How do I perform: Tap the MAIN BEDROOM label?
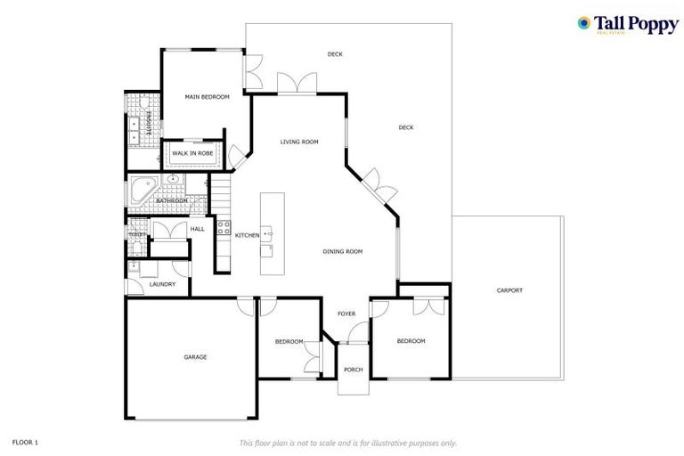click(x=207, y=96)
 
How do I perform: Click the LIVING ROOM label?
click(x=299, y=142)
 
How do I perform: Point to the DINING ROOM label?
click(x=342, y=252)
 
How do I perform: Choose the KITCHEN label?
click(x=247, y=235)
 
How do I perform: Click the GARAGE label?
click(x=195, y=357)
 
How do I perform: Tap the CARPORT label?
click(x=509, y=290)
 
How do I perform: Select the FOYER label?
click(x=346, y=313)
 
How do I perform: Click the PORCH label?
click(x=354, y=369)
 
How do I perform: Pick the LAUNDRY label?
click(x=162, y=285)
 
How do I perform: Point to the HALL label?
click(x=197, y=229)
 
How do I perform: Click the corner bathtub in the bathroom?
click(x=142, y=191)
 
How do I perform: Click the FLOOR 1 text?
click(x=25, y=441)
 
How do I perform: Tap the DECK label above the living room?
click(x=335, y=54)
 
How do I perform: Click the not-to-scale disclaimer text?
click(x=347, y=442)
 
